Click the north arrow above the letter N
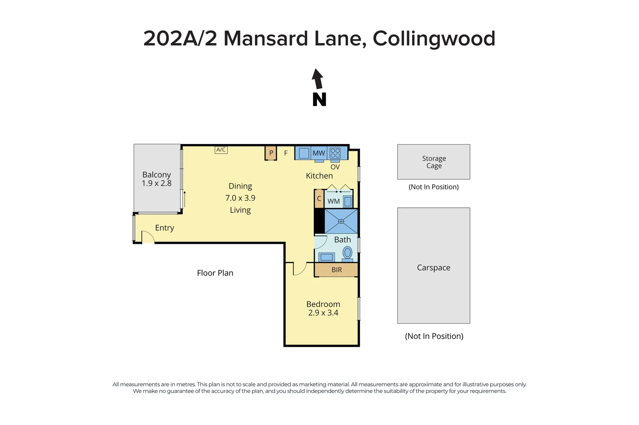[317, 79]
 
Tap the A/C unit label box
[221, 150]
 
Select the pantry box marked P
[271, 153]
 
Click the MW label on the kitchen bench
[319, 153]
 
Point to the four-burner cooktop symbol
[335, 153]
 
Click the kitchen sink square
[304, 153]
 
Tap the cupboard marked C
[319, 198]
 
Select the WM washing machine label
[333, 201]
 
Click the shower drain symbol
[341, 221]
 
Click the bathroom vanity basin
[327, 257]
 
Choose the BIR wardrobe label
[337, 270]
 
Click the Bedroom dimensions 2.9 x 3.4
[323, 313]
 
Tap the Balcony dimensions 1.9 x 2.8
[157, 183]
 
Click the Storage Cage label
[434, 162]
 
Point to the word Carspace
[433, 268]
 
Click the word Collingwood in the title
[434, 39]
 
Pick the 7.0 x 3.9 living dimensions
[240, 198]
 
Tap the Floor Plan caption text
[215, 273]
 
